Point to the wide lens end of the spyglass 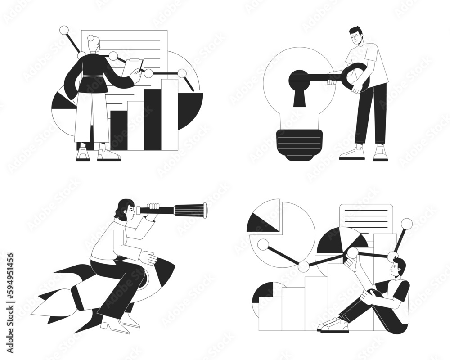205,210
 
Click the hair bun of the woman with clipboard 92,39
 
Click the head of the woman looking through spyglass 126,210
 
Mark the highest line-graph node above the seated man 407,223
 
